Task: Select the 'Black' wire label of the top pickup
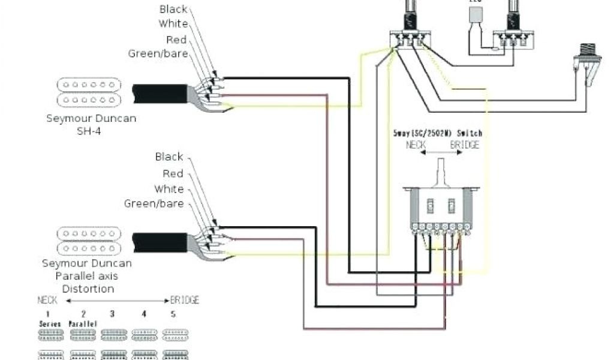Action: pyautogui.click(x=173, y=9)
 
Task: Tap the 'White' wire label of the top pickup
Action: pyautogui.click(x=173, y=24)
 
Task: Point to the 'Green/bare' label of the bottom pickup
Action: pyautogui.click(x=153, y=203)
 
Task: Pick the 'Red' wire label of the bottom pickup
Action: pyautogui.click(x=173, y=173)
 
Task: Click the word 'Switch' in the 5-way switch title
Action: pyautogui.click(x=469, y=133)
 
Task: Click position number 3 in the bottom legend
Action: pyautogui.click(x=112, y=313)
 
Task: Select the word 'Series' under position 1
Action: pyautogui.click(x=47, y=323)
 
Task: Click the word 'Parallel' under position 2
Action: pyautogui.click(x=83, y=323)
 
